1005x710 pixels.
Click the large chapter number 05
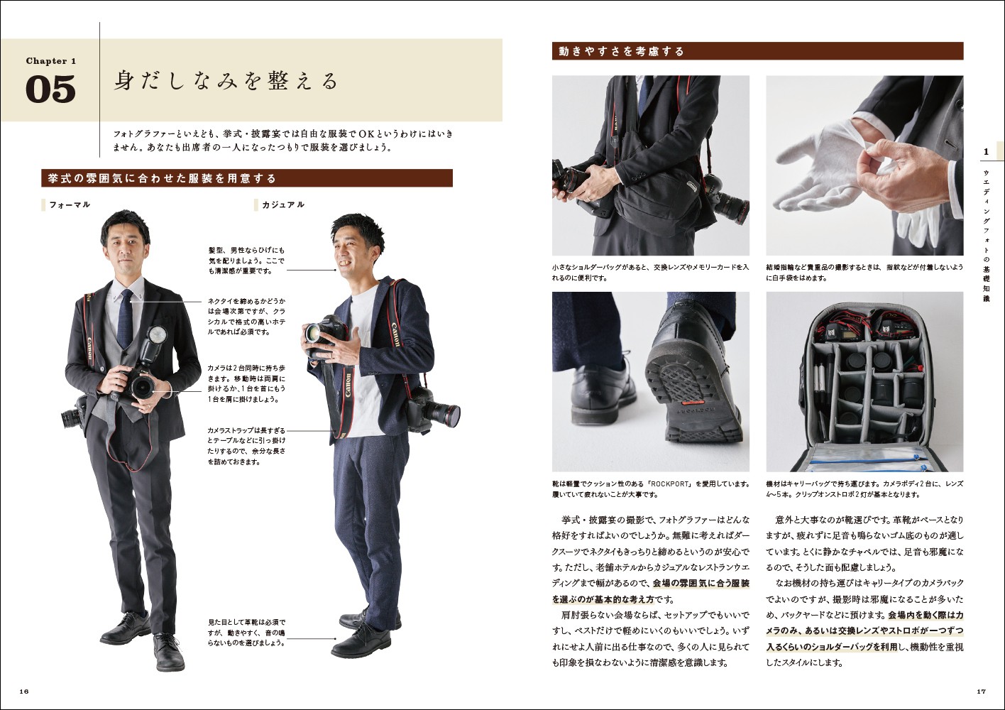(x=50, y=89)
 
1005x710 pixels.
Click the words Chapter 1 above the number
(x=50, y=60)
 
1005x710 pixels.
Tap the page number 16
(x=24, y=691)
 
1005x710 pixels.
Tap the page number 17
(x=981, y=691)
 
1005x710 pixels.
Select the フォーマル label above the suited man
(x=70, y=204)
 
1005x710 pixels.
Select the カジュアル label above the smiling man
(x=283, y=204)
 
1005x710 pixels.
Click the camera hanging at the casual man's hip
(x=433, y=410)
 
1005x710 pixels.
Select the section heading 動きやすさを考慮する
(x=622, y=52)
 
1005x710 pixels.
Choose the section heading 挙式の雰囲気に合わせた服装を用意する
(x=162, y=179)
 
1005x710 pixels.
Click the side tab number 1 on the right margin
(x=986, y=152)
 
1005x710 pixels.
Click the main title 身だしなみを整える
(x=226, y=81)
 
